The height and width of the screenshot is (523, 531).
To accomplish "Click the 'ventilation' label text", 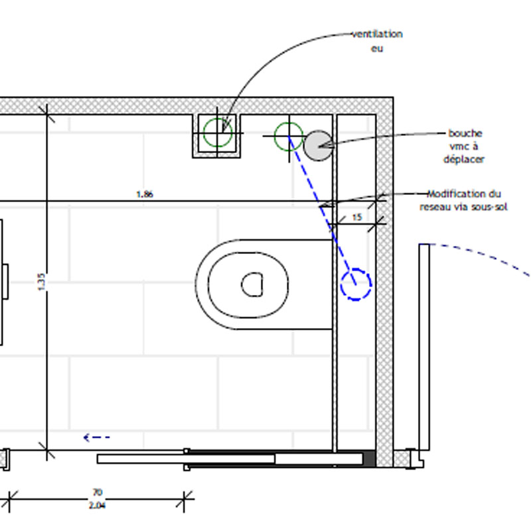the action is tap(377, 34).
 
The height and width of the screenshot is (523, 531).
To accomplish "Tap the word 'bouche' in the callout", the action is tap(465, 133).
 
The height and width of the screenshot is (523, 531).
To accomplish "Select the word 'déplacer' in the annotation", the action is tap(464, 159).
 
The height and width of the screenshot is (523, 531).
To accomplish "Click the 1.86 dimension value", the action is tap(145, 194).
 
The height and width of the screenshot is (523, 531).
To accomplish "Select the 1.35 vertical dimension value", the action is tap(41, 282).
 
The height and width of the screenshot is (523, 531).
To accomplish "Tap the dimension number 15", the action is tap(357, 217).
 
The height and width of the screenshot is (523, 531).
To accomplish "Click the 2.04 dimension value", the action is tap(97, 505).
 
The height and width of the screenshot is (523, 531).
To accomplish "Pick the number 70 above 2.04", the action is tap(97, 493).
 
